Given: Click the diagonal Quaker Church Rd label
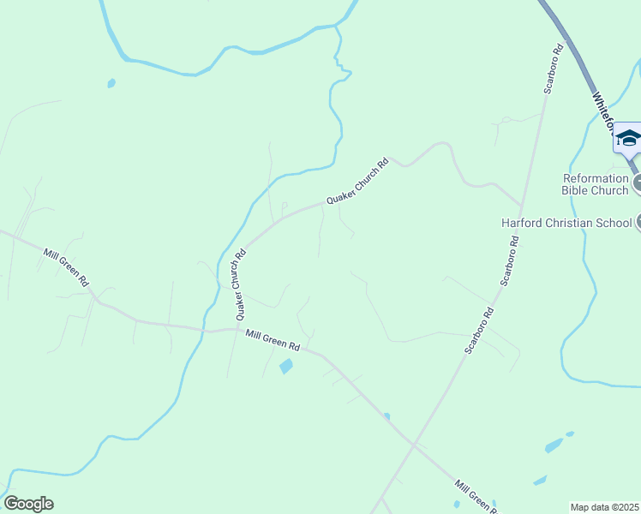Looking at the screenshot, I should (x=357, y=181).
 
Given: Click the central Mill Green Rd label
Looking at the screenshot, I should (x=273, y=340).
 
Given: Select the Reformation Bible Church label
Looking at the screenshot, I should (x=596, y=184).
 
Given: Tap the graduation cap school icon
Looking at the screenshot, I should (x=628, y=138).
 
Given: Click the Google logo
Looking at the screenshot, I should (x=28, y=504).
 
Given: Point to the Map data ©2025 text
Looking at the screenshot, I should (x=605, y=507).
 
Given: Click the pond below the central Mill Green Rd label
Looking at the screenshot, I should (x=286, y=367).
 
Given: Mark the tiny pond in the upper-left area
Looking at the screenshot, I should (x=111, y=83).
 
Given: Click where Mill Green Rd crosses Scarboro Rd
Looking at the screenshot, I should (x=415, y=445).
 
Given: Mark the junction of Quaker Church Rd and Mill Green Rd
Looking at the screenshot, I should (x=234, y=328).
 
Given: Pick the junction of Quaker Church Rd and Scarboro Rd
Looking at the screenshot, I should (x=521, y=206).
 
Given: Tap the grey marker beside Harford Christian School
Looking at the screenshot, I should (x=637, y=223).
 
